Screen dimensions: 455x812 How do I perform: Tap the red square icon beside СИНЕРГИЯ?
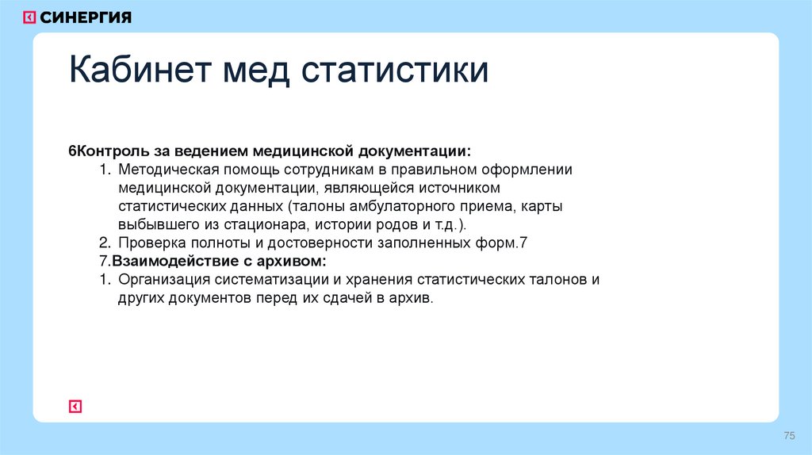point(29,17)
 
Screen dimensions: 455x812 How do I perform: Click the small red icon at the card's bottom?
point(75,406)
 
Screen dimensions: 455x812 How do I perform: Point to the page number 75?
point(789,436)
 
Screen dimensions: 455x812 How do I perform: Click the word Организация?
point(163,279)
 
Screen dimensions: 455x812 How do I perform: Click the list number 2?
point(104,243)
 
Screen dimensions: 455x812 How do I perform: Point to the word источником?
point(461,188)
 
